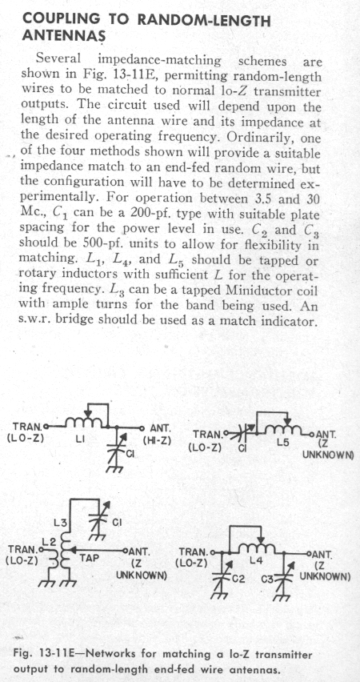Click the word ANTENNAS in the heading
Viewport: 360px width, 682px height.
62,36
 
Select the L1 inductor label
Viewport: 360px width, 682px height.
79,440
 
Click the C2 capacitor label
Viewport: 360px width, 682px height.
238,579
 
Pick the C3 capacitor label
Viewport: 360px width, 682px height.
269,580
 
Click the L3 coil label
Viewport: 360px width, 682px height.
62,523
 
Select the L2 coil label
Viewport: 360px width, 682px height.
48,541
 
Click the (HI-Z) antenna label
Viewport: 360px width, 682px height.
157,439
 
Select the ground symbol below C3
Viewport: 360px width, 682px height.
283,596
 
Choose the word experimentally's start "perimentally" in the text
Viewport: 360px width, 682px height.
58,198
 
